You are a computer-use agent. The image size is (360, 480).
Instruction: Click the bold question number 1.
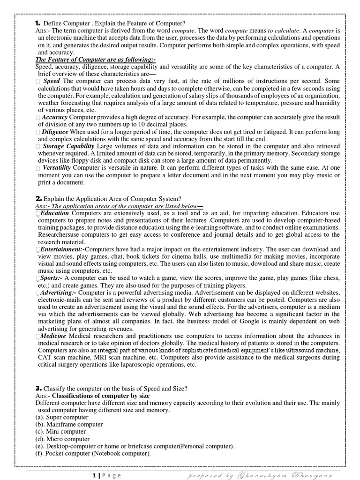tap(38, 23)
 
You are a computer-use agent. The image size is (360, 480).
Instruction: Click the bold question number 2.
tap(38, 199)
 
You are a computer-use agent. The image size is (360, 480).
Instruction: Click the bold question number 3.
tap(38, 388)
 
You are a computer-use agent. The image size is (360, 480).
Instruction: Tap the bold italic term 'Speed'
tap(52, 81)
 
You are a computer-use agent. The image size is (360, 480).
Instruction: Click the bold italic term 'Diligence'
tap(55, 132)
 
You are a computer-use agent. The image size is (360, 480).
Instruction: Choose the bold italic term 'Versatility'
tap(57, 167)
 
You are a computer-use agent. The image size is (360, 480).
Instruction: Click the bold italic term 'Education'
tap(55, 213)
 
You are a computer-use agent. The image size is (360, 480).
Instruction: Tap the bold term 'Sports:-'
tap(52, 278)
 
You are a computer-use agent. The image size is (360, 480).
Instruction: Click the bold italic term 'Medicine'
tap(53, 336)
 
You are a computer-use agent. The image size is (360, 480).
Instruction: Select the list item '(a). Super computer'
tap(61, 417)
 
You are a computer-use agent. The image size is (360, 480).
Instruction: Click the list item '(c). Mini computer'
tap(60, 431)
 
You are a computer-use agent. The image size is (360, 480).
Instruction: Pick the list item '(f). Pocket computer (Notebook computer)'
tap(93, 454)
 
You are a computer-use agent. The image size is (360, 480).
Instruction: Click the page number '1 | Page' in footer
tap(106, 475)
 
